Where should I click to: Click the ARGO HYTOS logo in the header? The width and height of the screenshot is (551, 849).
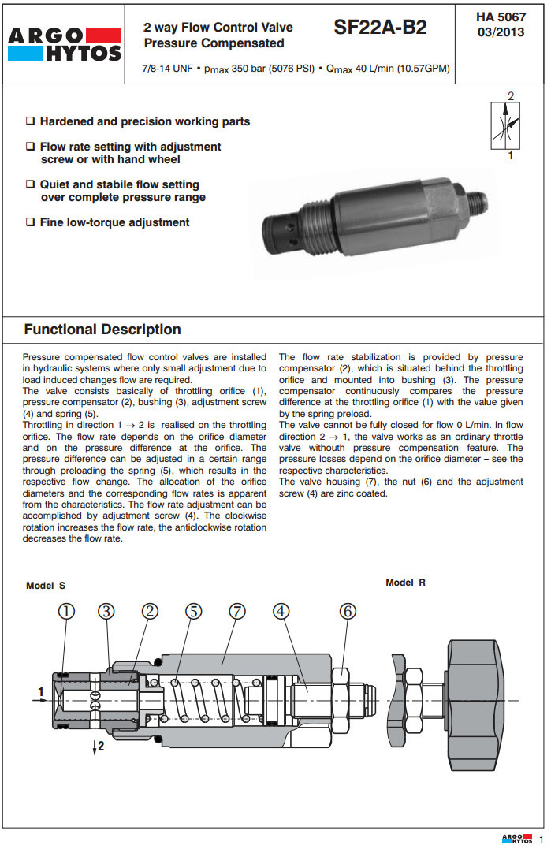(65, 43)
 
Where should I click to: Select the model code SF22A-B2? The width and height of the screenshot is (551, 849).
(380, 28)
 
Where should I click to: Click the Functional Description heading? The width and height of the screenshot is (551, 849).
(102, 330)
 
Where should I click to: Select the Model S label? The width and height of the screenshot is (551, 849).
(46, 586)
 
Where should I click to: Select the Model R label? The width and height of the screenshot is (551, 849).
(405, 583)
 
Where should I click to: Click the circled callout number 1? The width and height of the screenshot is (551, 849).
(67, 611)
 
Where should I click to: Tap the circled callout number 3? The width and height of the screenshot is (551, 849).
(107, 611)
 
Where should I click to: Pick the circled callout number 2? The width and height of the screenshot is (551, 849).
(150, 611)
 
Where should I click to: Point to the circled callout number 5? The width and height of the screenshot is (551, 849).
(194, 611)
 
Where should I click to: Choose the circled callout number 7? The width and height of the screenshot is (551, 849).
(237, 611)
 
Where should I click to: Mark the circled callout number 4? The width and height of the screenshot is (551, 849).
(282, 611)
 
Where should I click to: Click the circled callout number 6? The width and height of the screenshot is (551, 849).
(348, 611)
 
